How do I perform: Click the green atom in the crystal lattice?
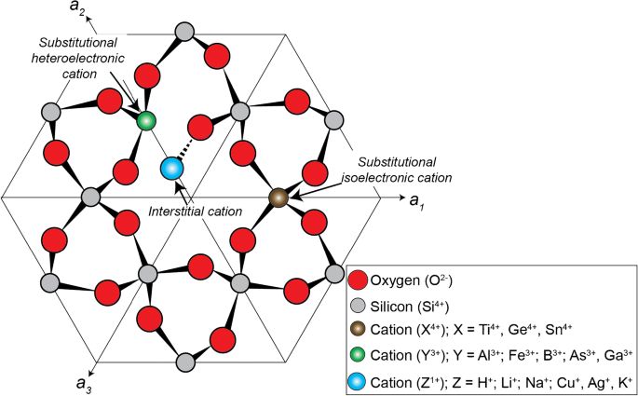click(x=145, y=120)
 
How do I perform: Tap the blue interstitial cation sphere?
click(x=170, y=169)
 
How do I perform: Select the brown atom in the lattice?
click(x=278, y=198)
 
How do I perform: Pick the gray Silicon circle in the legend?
click(x=360, y=306)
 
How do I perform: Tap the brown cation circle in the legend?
click(x=360, y=331)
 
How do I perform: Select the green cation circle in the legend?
click(x=360, y=356)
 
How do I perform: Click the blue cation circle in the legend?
click(x=360, y=381)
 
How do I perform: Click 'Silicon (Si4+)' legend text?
click(x=414, y=306)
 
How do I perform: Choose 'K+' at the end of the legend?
click(x=622, y=381)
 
